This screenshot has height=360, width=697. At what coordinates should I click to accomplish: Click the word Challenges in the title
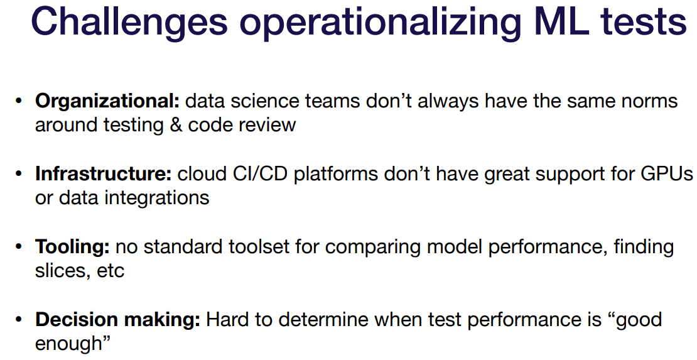[x=129, y=22]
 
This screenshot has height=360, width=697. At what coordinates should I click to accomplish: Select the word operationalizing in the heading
[x=380, y=23]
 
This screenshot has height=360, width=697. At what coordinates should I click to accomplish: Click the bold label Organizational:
[x=107, y=102]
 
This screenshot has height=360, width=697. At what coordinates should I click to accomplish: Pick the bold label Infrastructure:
[x=104, y=173]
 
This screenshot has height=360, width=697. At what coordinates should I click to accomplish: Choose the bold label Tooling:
[x=72, y=247]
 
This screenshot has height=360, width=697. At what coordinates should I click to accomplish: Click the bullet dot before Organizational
[x=18, y=101]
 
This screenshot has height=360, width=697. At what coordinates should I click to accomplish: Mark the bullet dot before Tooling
[x=18, y=246]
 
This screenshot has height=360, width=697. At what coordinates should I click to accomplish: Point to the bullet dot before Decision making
[x=18, y=319]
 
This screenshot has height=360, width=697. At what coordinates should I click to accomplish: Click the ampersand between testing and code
[x=176, y=125]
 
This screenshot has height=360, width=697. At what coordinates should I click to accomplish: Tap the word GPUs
[x=667, y=173]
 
